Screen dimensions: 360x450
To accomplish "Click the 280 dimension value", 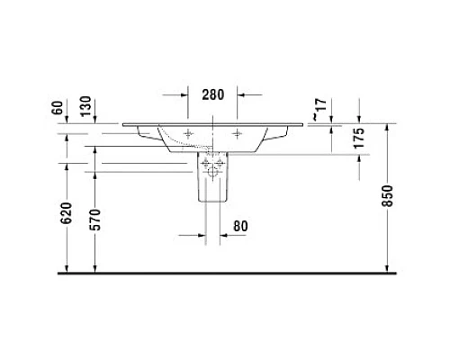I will click(212, 94).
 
